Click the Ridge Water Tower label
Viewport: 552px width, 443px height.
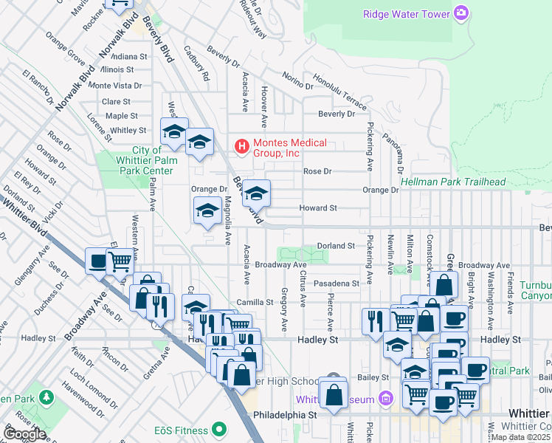coord(407,13)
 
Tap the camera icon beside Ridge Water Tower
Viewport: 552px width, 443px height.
coord(462,13)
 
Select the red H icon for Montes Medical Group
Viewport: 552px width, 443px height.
coord(241,147)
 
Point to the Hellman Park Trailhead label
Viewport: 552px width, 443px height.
coord(453,182)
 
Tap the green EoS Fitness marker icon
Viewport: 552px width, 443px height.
coord(218,428)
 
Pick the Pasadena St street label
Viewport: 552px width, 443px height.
coord(335,283)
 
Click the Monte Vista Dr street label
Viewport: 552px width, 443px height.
coord(114,86)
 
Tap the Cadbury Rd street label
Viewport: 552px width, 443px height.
coord(197,67)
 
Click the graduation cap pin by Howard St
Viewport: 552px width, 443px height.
coord(256,193)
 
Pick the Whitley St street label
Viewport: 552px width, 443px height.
coord(128,131)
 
